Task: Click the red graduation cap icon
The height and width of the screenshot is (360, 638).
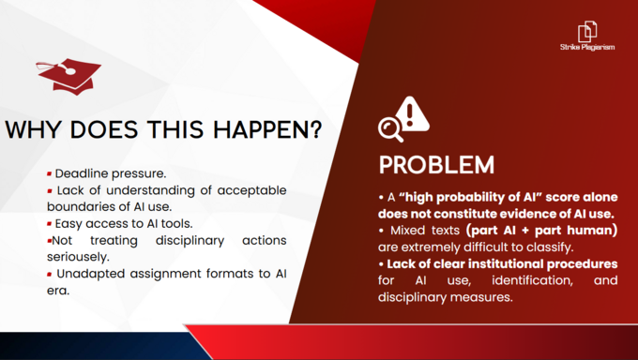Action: [x=69, y=76]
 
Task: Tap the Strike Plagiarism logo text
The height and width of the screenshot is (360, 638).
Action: [x=587, y=47]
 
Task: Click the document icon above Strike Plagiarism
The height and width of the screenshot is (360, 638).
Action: [x=587, y=31]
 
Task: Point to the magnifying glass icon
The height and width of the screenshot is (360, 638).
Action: [x=390, y=129]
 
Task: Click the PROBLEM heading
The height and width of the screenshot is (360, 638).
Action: [x=436, y=165]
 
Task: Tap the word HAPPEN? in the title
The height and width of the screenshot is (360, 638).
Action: [x=267, y=129]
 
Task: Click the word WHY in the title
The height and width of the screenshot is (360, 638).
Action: [x=34, y=129]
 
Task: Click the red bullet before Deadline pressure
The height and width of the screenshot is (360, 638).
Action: [x=49, y=174]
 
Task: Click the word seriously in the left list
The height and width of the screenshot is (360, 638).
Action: [x=78, y=258]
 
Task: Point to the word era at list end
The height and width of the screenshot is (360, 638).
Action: [x=58, y=291]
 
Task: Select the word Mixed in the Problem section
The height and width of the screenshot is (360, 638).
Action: [x=404, y=231]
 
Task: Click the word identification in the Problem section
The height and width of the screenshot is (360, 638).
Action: [x=532, y=280]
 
